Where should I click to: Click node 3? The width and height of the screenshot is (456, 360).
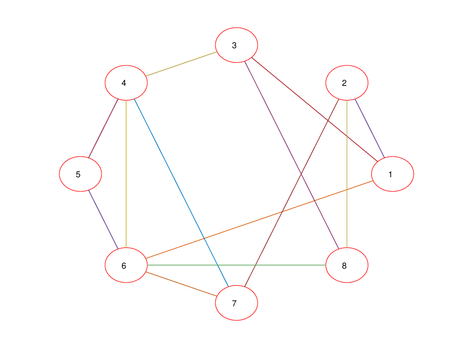click(x=237, y=45)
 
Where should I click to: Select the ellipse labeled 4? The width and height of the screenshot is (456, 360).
click(x=126, y=83)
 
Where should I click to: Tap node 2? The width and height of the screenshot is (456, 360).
click(x=347, y=83)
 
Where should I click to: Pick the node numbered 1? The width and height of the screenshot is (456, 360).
click(x=393, y=174)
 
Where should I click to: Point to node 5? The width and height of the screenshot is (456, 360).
click(x=80, y=174)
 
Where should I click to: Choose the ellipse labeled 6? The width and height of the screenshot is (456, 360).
click(x=126, y=265)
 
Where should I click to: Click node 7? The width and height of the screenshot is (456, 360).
click(x=237, y=303)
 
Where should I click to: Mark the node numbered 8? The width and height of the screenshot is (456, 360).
click(x=347, y=265)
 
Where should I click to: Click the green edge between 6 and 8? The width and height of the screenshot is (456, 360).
click(x=237, y=265)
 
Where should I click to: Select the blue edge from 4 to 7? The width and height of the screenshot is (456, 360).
click(x=181, y=193)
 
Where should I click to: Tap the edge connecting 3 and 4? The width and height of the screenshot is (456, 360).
click(x=181, y=64)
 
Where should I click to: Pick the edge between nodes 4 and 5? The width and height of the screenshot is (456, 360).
click(x=103, y=129)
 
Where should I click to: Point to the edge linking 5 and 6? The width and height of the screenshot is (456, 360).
click(x=103, y=219)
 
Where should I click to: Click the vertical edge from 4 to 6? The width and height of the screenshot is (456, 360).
click(x=126, y=174)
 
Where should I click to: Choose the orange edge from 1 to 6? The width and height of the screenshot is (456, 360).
click(x=260, y=219)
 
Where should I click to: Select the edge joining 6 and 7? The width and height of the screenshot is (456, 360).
click(x=181, y=284)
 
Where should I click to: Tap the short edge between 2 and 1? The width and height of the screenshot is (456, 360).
click(x=370, y=129)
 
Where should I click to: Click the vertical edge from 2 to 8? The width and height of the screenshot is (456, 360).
click(x=347, y=174)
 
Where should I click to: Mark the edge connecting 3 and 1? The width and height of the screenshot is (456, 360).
click(x=315, y=109)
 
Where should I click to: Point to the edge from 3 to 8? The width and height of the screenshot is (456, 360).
click(x=292, y=155)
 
